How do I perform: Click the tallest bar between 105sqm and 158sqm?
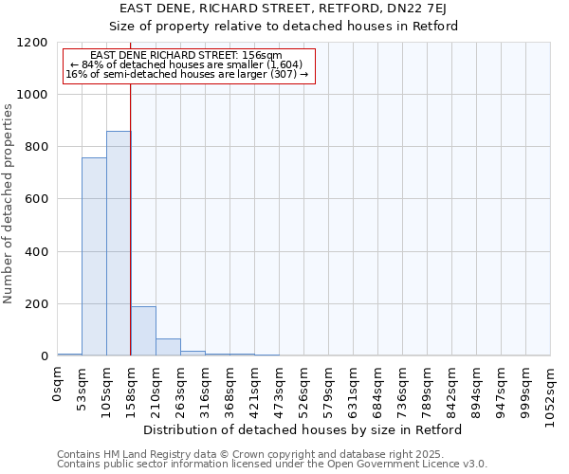tap(119, 244)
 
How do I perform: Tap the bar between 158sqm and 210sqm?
tap(143, 331)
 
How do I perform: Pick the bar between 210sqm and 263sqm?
tap(168, 347)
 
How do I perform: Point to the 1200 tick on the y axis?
tap(37, 43)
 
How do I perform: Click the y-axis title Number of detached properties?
tap(9, 205)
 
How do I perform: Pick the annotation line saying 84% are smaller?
tap(186, 64)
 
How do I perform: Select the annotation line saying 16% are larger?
tap(187, 73)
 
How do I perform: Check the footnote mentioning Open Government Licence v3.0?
tap(272, 464)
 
